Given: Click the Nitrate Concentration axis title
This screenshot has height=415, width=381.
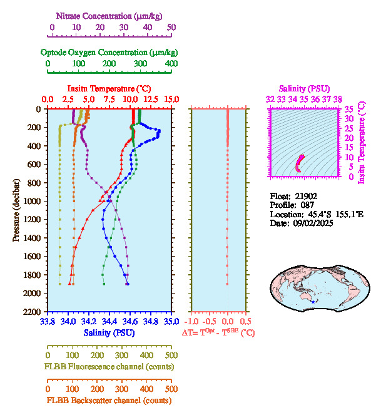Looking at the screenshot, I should click(x=111, y=15).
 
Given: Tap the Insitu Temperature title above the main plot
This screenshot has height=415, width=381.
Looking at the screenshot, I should click(x=109, y=88).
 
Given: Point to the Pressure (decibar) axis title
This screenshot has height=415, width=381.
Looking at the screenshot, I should click(x=16, y=210).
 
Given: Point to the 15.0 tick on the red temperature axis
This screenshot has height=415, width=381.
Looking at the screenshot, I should click(x=171, y=100).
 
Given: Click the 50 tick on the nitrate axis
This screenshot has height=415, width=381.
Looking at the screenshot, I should click(x=171, y=28).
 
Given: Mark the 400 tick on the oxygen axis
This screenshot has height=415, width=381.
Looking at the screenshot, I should click(x=171, y=64).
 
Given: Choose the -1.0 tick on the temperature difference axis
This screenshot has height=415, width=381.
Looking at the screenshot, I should click(x=191, y=322).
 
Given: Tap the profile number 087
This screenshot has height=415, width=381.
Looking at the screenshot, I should click(x=314, y=205).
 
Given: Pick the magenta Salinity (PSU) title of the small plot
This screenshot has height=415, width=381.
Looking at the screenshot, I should click(x=303, y=89).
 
